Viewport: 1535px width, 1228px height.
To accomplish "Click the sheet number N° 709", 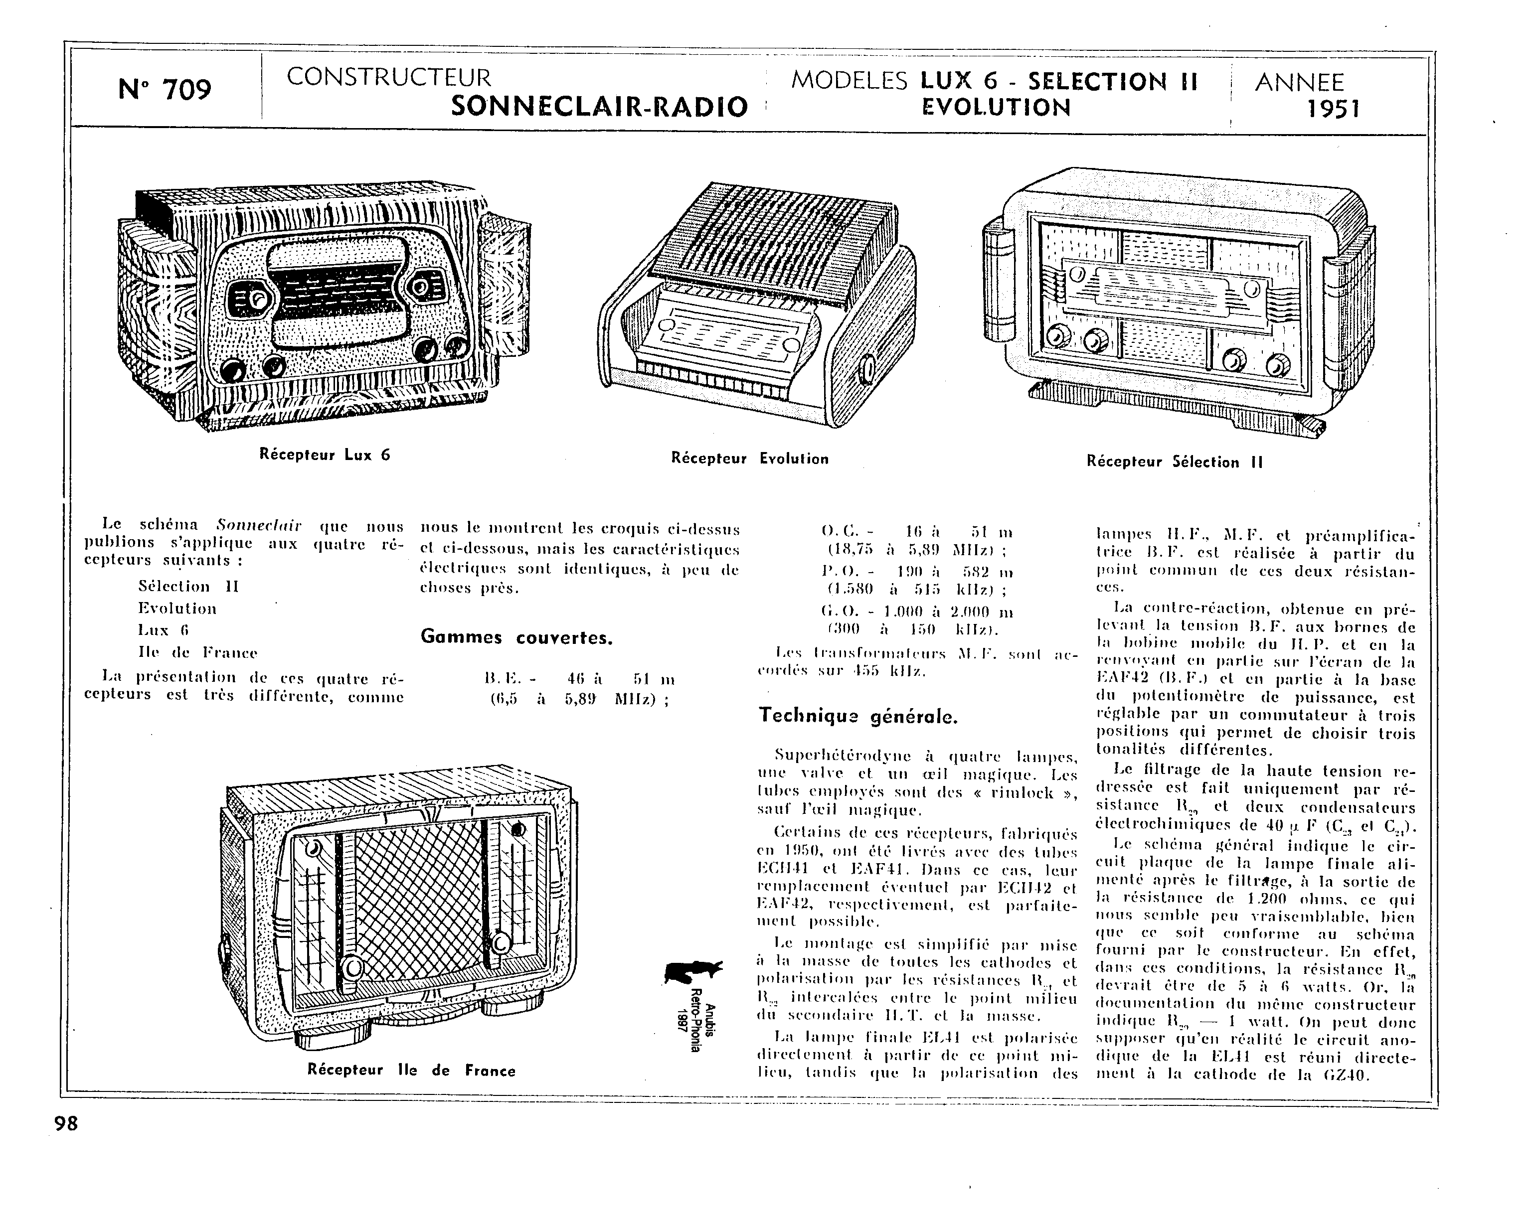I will click(x=165, y=90).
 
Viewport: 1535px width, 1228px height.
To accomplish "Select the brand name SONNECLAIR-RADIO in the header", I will click(x=599, y=107).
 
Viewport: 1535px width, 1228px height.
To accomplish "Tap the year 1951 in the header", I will click(x=1334, y=109).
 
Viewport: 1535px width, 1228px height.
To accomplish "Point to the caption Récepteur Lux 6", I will click(x=325, y=455).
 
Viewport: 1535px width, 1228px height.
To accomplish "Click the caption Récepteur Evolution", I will click(x=750, y=459).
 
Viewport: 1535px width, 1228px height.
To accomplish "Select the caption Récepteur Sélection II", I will click(x=1174, y=461).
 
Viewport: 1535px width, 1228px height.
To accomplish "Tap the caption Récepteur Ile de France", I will click(x=411, y=1070).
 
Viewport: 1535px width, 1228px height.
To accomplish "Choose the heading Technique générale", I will click(x=858, y=716).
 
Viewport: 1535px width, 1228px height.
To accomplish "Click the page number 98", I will click(x=66, y=1123).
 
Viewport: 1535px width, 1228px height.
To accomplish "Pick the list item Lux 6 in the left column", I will click(x=164, y=630).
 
